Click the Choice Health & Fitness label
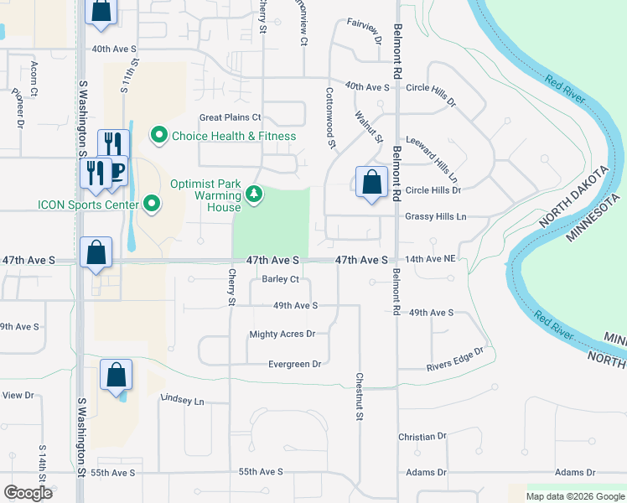pyautogui.click(x=234, y=136)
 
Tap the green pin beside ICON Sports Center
pyautogui.click(x=152, y=203)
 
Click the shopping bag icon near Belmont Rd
pyautogui.click(x=370, y=182)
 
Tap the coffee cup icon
pyautogui.click(x=116, y=171)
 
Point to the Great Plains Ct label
pyautogui.click(x=231, y=117)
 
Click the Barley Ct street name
pyautogui.click(x=281, y=279)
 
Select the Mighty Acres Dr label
pyautogui.click(x=282, y=334)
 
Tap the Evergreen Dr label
pyautogui.click(x=294, y=364)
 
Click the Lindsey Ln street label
pyautogui.click(x=182, y=401)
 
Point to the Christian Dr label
pyautogui.click(x=422, y=437)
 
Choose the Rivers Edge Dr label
pyautogui.click(x=455, y=360)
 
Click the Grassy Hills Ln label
pyautogui.click(x=435, y=216)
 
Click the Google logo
pyautogui.click(x=28, y=493)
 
